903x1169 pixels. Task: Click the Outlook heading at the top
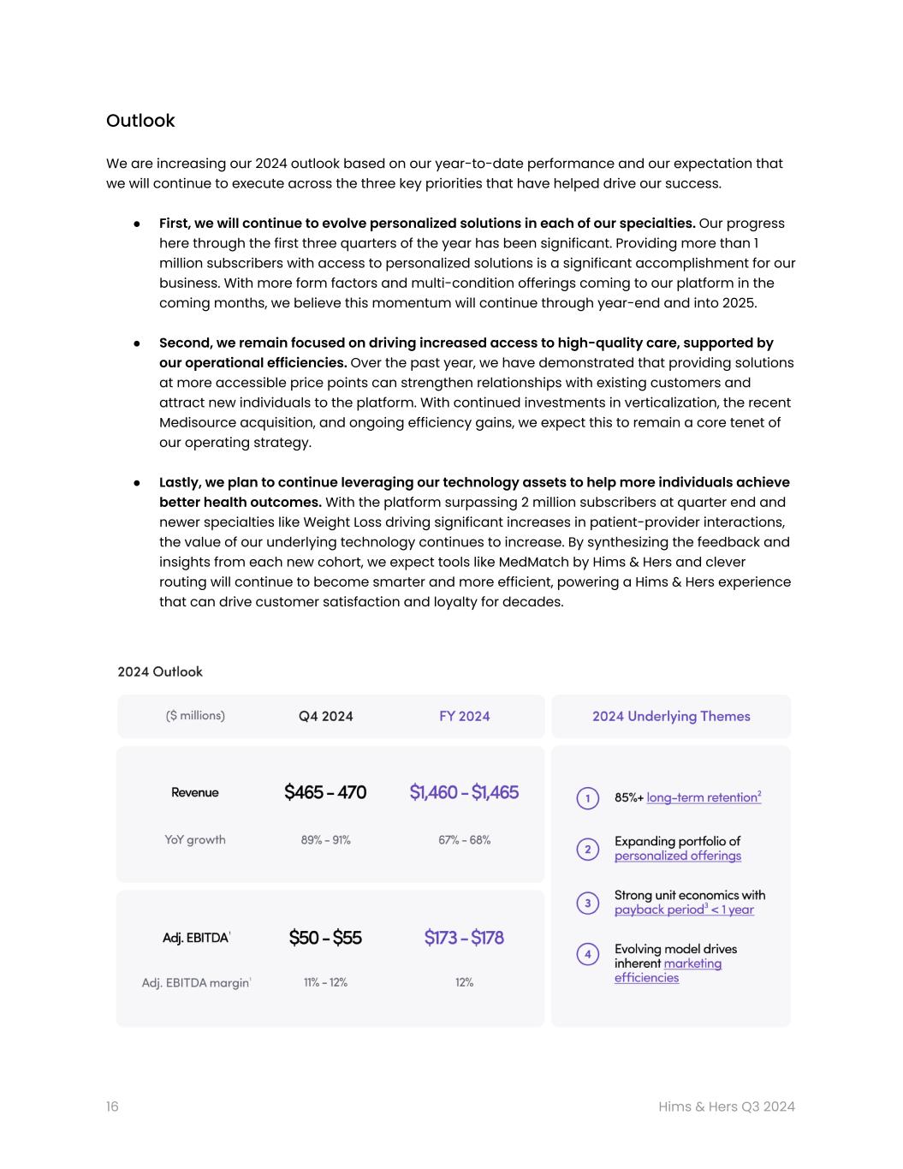(x=140, y=121)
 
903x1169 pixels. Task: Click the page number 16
(x=112, y=1106)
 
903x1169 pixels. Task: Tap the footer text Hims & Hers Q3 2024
(x=726, y=1106)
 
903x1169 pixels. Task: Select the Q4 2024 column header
(x=325, y=716)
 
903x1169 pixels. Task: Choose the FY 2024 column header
(x=464, y=716)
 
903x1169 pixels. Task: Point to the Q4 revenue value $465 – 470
(x=325, y=792)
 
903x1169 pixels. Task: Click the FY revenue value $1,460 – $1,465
(x=464, y=792)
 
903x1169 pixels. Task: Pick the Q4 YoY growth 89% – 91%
(x=325, y=840)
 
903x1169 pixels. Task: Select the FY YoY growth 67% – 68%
(x=464, y=840)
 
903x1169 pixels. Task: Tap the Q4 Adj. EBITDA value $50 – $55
(x=325, y=938)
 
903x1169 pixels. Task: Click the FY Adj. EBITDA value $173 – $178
(x=464, y=938)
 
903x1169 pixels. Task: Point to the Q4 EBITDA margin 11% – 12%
(x=325, y=982)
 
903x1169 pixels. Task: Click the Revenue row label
(x=195, y=792)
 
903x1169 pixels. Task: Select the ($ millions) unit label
(x=195, y=715)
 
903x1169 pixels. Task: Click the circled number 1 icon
(x=587, y=798)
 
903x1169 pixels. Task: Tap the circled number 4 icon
(x=587, y=954)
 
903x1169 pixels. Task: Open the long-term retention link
(x=703, y=797)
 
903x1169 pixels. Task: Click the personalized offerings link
(x=678, y=856)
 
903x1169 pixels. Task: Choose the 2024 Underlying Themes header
(x=671, y=716)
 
